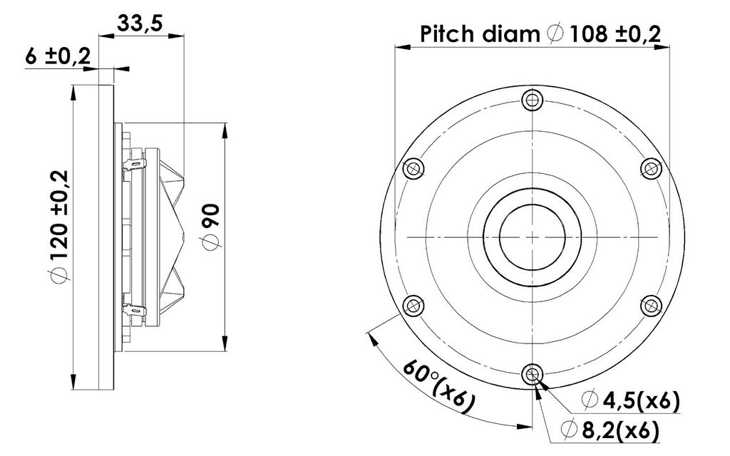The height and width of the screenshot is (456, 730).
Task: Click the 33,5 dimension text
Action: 140,24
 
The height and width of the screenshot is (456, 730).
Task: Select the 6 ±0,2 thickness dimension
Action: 58,57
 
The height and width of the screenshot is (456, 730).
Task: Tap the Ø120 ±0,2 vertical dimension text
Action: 60,226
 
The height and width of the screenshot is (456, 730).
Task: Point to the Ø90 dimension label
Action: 211,227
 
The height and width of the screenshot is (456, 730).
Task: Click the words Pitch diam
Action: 480,34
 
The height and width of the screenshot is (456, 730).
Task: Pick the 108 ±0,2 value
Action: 615,33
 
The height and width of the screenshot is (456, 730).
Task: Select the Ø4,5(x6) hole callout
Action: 631,400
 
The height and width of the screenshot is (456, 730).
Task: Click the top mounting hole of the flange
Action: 532,99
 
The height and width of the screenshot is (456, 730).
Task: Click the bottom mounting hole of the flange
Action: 532,375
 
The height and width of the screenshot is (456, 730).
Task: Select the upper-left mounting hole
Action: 413,168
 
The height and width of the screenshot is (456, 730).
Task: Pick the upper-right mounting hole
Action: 652,168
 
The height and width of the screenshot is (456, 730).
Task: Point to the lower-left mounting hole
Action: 413,306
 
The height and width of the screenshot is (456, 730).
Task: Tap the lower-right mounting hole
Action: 652,306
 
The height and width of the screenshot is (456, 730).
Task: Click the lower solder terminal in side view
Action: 134,309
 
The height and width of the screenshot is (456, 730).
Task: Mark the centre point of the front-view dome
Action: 532,237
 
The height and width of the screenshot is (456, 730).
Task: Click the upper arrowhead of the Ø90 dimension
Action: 225,130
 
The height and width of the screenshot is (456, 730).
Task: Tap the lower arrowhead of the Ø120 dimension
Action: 73,382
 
